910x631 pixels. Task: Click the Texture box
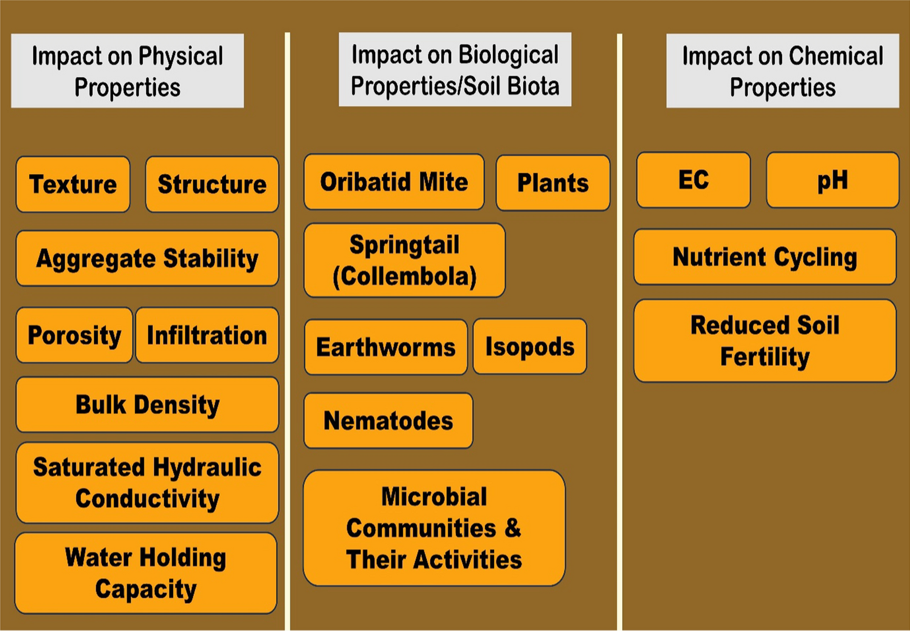click(73, 184)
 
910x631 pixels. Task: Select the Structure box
click(212, 184)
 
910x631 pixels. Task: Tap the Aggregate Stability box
click(148, 258)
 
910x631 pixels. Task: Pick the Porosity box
click(74, 335)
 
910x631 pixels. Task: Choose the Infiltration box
click(207, 335)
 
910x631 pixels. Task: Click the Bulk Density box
click(148, 405)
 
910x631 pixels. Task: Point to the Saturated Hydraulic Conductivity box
click(148, 483)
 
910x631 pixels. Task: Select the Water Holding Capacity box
click(146, 573)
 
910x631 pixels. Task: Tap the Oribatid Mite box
click(394, 182)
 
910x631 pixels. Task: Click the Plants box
click(553, 183)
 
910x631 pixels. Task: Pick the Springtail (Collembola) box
click(405, 260)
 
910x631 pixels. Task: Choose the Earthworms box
click(386, 347)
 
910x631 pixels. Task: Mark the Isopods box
click(530, 346)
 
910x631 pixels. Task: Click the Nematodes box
click(389, 420)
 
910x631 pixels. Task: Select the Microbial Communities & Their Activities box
click(434, 528)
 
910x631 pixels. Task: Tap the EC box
click(693, 180)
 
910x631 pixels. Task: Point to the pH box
click(833, 180)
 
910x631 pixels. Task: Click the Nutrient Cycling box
click(765, 257)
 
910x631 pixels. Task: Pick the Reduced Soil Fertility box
click(765, 340)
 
